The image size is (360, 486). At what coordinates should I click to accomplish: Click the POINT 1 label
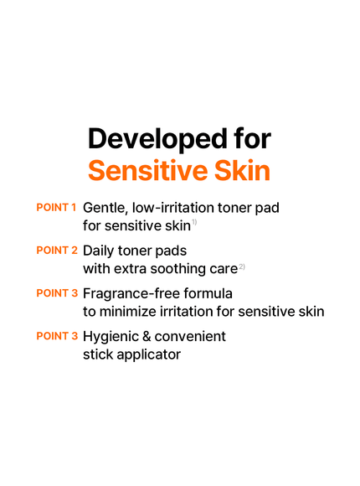57,207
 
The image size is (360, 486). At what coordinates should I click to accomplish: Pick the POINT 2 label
57,251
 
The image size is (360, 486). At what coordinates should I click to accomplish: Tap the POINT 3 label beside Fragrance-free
57,293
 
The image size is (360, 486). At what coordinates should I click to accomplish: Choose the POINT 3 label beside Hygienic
57,336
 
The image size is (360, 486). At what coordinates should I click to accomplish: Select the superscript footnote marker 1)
193,222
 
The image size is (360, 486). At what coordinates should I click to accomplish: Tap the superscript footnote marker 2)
241,266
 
